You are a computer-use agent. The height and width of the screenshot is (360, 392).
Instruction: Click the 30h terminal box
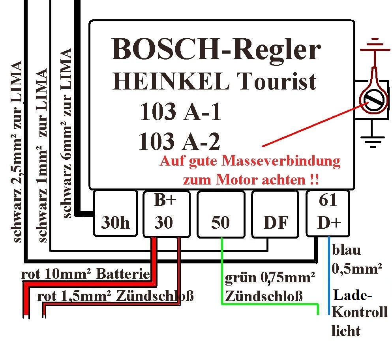[x=115, y=213]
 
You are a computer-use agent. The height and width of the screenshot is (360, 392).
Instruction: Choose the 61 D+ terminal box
[x=328, y=213]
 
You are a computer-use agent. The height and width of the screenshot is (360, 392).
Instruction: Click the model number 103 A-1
[x=180, y=112]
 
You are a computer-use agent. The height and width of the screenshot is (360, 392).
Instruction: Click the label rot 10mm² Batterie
[x=86, y=274]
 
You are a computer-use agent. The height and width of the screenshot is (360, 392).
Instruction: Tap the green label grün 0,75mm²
[x=270, y=279]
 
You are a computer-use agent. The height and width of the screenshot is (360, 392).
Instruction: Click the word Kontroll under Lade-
[x=359, y=313]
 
